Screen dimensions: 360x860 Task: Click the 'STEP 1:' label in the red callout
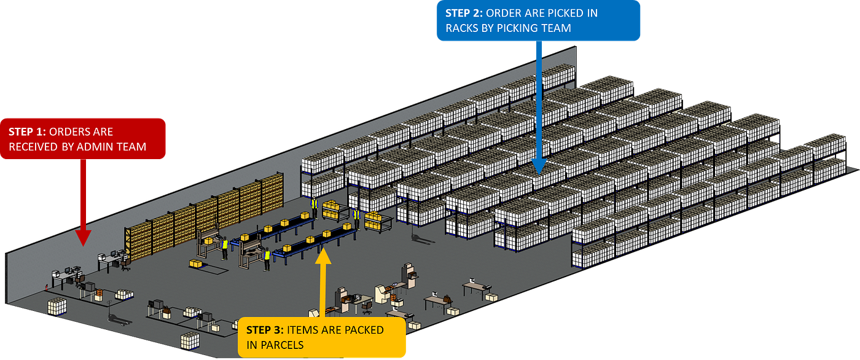(x=27, y=132)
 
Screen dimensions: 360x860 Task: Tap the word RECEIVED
(x=34, y=146)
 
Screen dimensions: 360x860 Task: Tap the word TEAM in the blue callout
(x=557, y=28)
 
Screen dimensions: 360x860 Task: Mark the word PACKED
(x=364, y=331)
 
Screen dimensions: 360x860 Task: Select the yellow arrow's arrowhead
(x=324, y=254)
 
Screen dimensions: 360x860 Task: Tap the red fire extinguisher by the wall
(x=47, y=286)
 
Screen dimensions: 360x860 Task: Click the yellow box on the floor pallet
(x=196, y=264)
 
